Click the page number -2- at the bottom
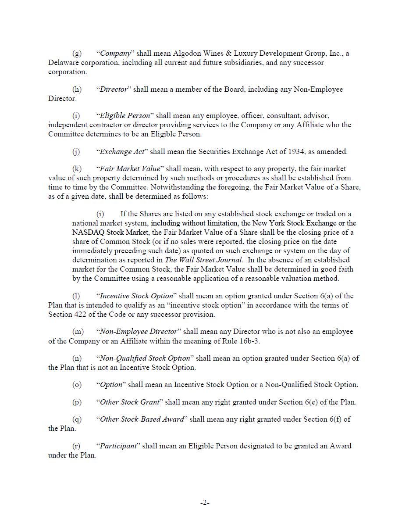click(205, 503)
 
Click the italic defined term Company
click(115, 54)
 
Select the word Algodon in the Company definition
click(187, 54)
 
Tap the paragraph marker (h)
click(77, 90)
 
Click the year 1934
click(297, 152)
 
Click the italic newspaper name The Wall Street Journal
click(203, 260)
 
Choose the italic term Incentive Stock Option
click(136, 296)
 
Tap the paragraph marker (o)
click(77, 385)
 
